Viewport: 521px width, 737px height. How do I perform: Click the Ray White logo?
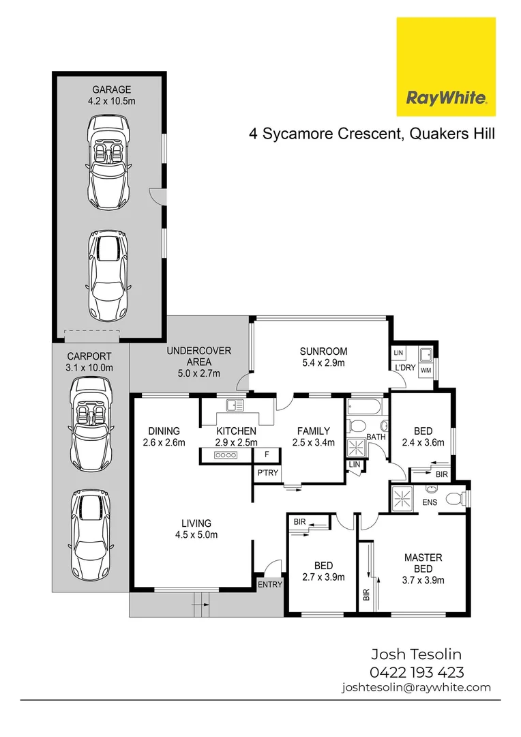click(x=446, y=67)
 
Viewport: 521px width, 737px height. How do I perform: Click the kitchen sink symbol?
click(x=235, y=405)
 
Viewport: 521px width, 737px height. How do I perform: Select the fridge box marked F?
click(x=267, y=454)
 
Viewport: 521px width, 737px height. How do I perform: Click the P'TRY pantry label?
click(x=265, y=474)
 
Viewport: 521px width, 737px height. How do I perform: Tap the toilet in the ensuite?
click(x=453, y=500)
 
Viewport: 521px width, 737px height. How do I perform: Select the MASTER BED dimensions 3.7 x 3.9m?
click(x=423, y=581)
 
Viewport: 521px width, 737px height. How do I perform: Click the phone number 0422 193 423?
click(x=417, y=671)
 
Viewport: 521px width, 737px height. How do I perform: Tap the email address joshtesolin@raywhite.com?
click(x=416, y=688)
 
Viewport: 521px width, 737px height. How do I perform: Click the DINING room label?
click(x=164, y=431)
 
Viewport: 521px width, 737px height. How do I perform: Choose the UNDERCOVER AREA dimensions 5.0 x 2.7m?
click(x=199, y=373)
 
